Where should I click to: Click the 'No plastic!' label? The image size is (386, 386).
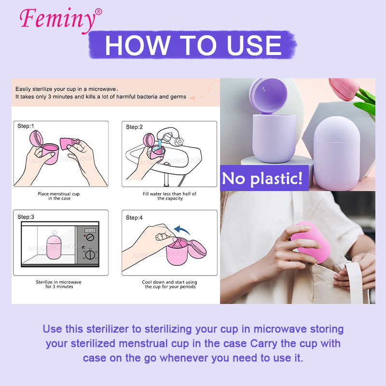point(262,179)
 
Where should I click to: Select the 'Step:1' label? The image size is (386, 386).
point(26,126)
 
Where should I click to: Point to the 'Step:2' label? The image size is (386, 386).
point(134,127)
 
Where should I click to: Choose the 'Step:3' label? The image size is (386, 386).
point(26,217)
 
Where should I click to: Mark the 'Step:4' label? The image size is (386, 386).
point(134,218)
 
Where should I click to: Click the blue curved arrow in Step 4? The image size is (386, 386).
point(182,230)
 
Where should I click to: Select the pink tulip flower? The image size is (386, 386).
point(344,90)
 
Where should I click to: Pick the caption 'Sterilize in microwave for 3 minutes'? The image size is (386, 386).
point(58,284)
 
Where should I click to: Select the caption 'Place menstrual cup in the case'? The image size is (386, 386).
point(59,196)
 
